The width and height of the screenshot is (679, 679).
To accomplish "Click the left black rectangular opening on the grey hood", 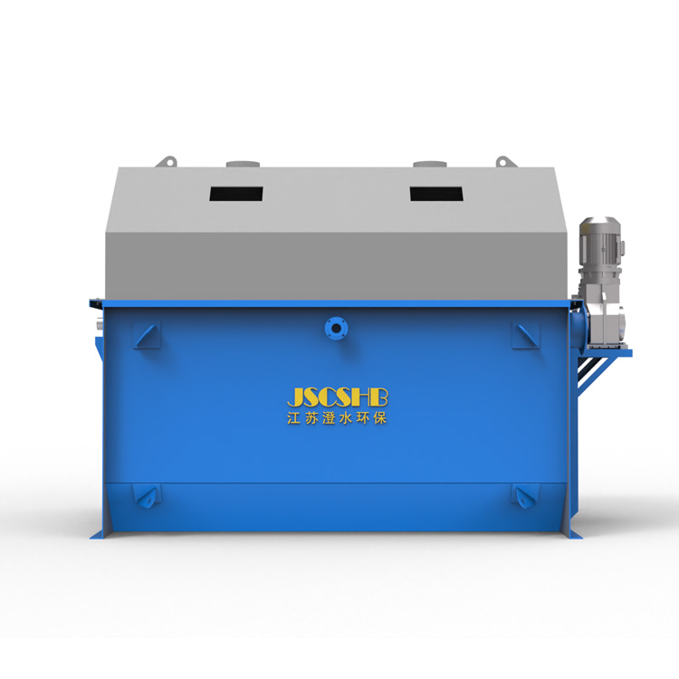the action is click(236, 194).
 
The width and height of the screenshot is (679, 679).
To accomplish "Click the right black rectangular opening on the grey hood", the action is click(436, 194).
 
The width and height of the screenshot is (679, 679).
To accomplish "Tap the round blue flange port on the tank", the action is click(336, 329).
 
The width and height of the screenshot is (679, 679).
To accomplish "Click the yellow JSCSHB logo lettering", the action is click(338, 398).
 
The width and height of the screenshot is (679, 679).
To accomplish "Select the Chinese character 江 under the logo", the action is click(293, 418).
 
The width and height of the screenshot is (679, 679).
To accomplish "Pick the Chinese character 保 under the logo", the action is click(379, 418).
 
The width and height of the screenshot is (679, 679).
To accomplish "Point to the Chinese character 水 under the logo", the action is click(345, 418).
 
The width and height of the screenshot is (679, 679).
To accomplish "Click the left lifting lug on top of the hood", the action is click(167, 161).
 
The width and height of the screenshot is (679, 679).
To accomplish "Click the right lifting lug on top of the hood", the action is click(506, 161).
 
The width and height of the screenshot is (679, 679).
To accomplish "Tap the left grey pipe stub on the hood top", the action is click(243, 164).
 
